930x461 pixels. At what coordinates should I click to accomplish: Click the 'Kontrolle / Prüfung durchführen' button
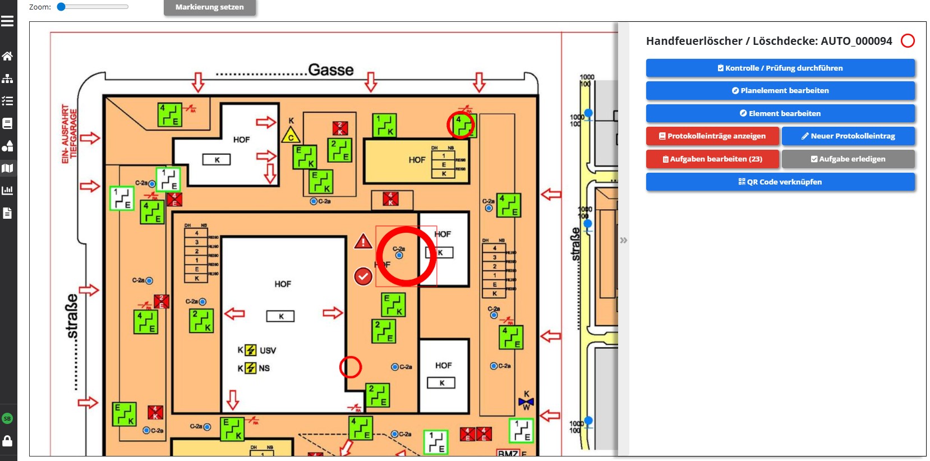tap(780, 68)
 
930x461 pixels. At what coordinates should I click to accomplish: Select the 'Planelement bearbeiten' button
tap(780, 90)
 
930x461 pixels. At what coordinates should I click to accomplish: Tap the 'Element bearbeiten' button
tap(780, 113)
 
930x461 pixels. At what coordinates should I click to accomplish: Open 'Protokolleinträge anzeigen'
tap(712, 136)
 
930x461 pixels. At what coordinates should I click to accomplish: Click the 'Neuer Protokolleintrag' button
tap(848, 136)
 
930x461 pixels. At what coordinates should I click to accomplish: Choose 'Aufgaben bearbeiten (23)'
tap(712, 159)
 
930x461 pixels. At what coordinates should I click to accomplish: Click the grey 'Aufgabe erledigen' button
tap(848, 159)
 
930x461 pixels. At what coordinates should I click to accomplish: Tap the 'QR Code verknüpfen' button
tap(780, 182)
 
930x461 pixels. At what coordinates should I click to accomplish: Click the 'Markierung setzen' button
tap(209, 7)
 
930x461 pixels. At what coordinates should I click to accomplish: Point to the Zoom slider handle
tap(62, 7)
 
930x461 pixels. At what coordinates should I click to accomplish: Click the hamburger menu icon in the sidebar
tap(7, 21)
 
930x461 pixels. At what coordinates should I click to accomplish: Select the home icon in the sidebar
tap(7, 56)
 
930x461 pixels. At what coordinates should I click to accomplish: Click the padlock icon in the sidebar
tap(7, 441)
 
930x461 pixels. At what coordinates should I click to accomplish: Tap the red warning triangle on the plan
tap(363, 242)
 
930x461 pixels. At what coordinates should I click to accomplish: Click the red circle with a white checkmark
tap(363, 276)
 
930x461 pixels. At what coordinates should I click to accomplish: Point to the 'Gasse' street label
tap(330, 70)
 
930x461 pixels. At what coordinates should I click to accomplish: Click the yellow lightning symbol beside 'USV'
tap(251, 351)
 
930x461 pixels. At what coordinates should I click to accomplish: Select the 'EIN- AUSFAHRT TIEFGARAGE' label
tap(69, 133)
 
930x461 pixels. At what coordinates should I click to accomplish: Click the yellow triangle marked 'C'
tap(291, 136)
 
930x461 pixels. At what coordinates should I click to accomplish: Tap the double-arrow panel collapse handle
tap(624, 240)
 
